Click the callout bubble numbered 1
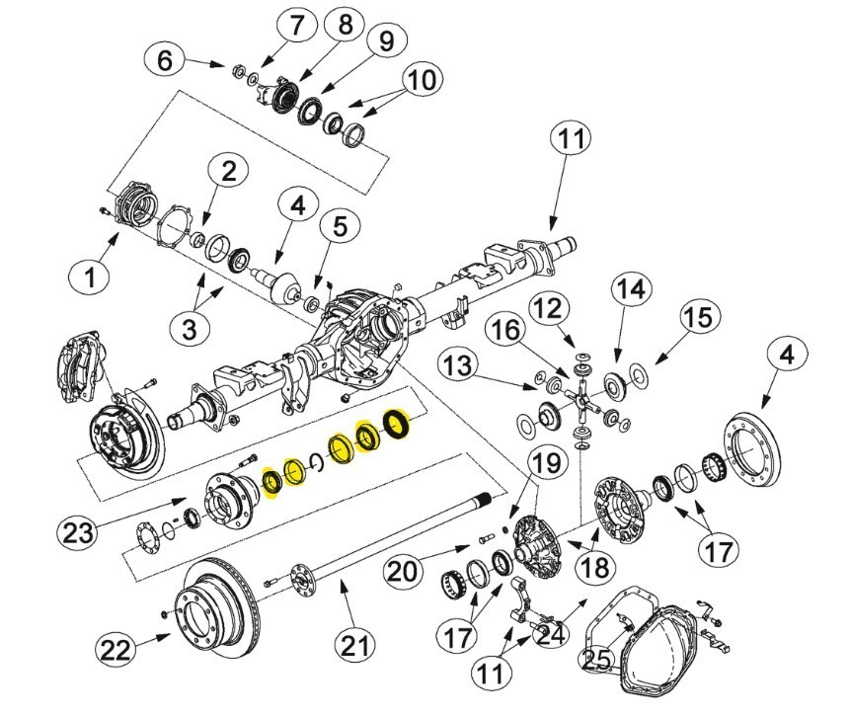click(90, 276)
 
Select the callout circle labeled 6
click(165, 59)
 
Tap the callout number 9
click(386, 40)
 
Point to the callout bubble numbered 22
click(116, 649)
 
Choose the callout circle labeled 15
click(699, 316)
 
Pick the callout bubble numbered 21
click(355, 645)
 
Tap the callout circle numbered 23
click(77, 532)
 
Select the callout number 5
click(340, 226)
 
